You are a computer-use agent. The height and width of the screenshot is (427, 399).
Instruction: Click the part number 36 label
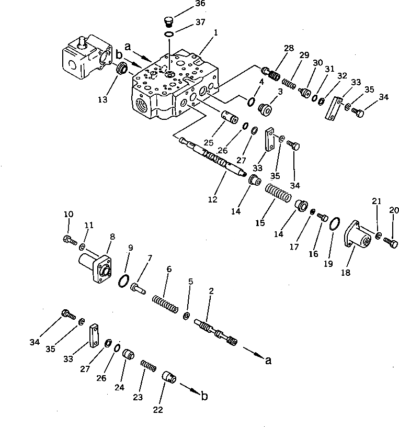[185, 4]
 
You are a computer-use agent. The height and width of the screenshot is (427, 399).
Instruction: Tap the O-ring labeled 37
[169, 35]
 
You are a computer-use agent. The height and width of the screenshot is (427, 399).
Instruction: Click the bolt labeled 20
[390, 242]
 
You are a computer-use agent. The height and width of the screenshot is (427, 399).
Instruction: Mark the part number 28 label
[289, 48]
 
